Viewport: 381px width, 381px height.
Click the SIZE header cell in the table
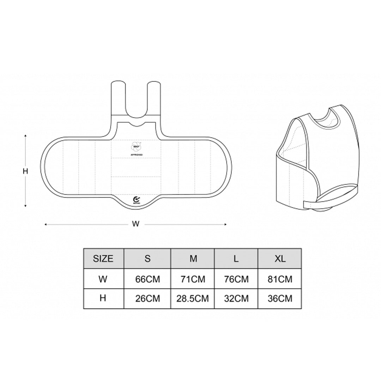tap(103, 259)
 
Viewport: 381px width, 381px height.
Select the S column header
tap(147, 259)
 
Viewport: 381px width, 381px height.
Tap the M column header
tap(193, 259)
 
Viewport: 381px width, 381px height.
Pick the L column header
tap(236, 259)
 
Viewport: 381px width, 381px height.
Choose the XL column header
tap(280, 259)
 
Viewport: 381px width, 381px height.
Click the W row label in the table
tap(103, 279)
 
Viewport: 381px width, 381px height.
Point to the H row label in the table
tap(103, 298)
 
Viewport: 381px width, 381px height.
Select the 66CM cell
tap(147, 279)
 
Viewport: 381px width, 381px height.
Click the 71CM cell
tap(193, 279)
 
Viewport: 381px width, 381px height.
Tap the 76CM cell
tap(236, 279)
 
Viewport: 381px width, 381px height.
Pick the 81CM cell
tap(280, 279)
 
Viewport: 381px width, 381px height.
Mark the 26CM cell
tap(147, 298)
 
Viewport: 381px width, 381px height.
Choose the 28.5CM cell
tap(193, 298)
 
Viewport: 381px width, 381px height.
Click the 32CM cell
tap(236, 298)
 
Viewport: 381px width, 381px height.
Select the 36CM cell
tap(280, 298)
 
